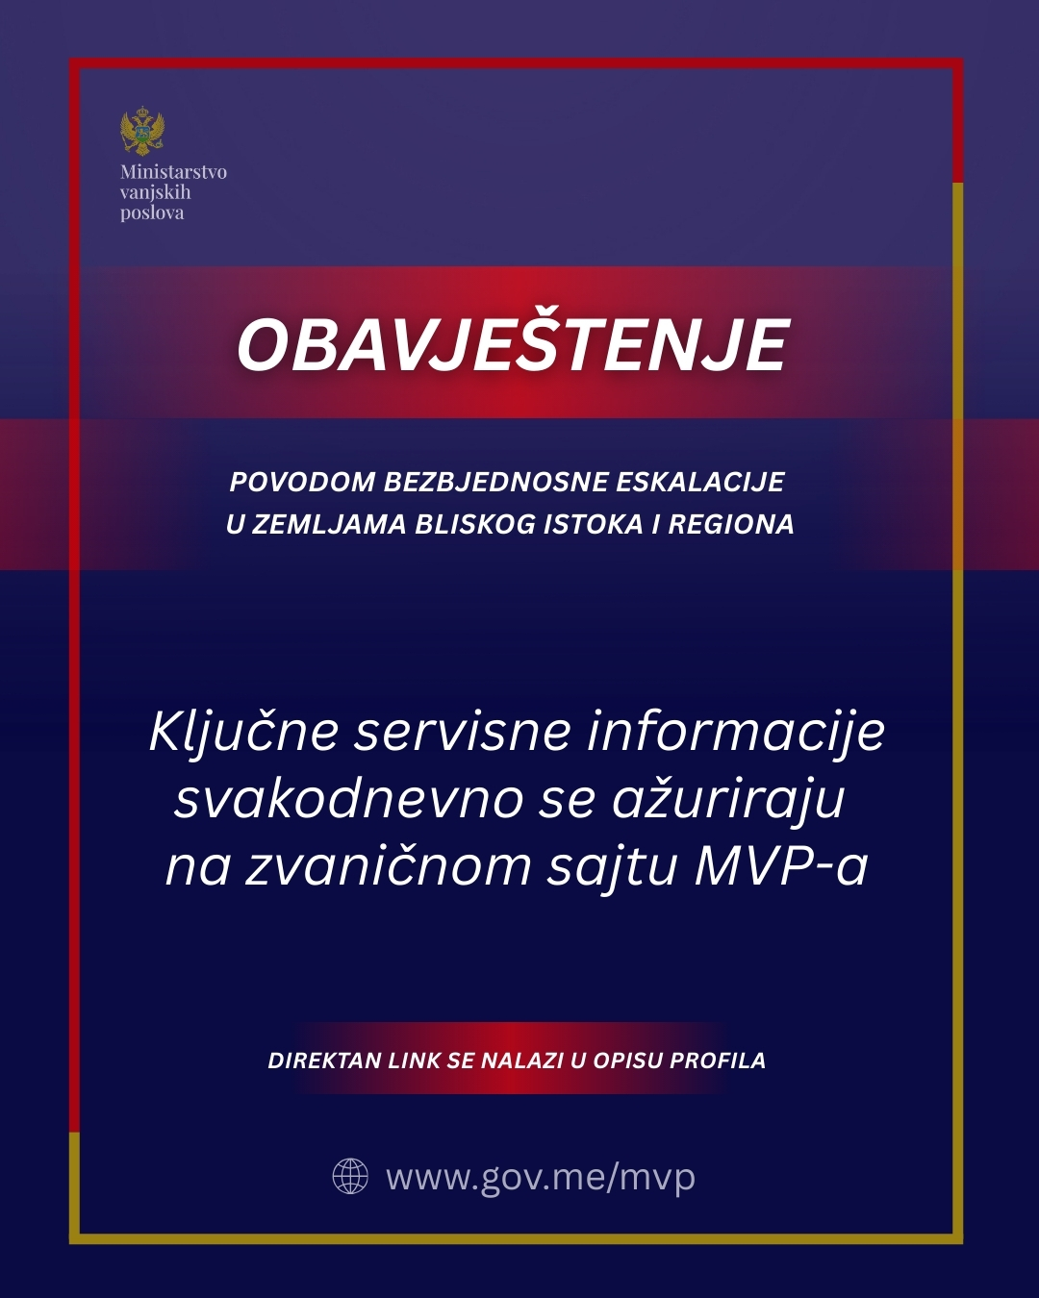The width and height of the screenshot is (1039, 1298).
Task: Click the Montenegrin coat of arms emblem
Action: coord(142,132)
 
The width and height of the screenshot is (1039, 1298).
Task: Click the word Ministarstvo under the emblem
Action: coord(173,172)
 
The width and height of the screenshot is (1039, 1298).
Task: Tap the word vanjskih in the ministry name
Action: coord(155,192)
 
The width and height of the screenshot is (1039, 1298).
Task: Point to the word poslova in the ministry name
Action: coord(152,212)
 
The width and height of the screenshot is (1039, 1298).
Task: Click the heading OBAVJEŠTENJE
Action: coord(513,345)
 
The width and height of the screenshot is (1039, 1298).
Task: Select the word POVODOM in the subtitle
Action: coord(302,482)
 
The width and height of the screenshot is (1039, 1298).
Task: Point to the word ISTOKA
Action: coord(593,524)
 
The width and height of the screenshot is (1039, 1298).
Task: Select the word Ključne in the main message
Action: coord(243,732)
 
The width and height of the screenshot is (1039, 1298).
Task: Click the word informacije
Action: coord(736,732)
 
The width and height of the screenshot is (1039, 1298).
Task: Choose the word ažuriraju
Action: coord(728,799)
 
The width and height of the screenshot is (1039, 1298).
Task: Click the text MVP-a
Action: coord(781,865)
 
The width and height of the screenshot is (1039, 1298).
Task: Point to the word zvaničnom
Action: coord(389,865)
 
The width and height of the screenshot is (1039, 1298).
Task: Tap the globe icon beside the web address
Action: coord(350,1176)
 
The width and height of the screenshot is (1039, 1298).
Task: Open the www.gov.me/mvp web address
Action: coord(541,1177)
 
